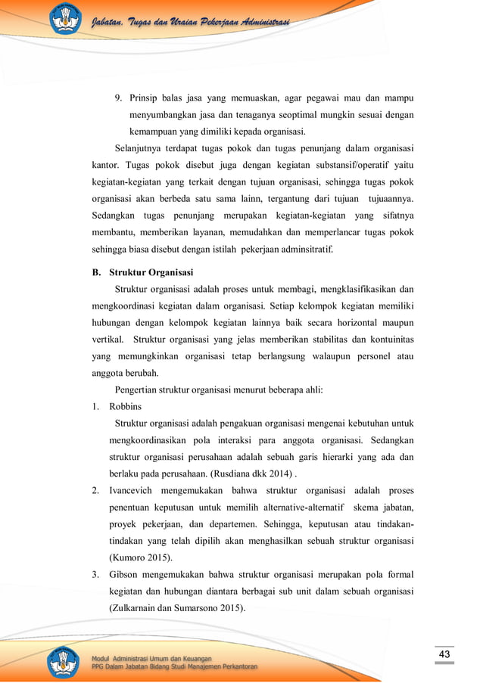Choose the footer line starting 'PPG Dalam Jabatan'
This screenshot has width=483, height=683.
(x=174, y=666)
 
